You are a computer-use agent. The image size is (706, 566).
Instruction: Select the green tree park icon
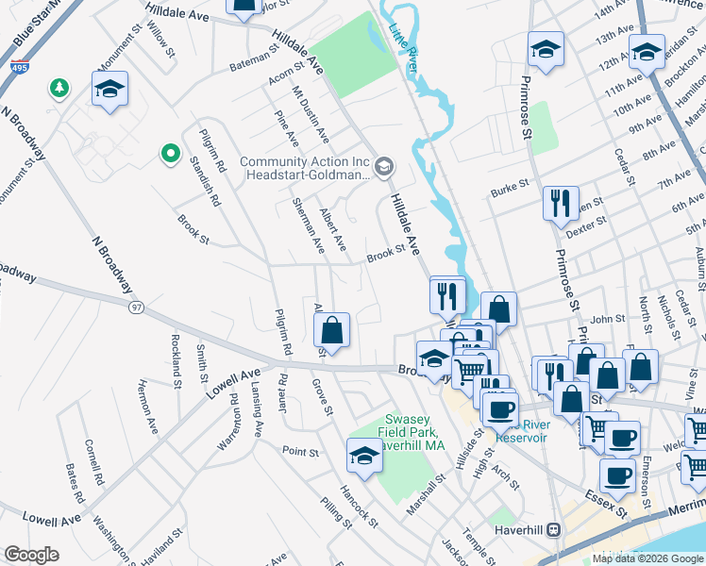tap(59, 88)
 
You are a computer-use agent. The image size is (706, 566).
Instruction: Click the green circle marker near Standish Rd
tap(170, 152)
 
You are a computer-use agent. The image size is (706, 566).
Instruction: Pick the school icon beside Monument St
tap(110, 90)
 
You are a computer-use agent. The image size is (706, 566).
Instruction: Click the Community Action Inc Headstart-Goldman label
tap(305, 168)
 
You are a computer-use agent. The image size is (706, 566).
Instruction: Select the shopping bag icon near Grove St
tap(331, 330)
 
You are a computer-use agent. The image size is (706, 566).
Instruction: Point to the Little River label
tap(403, 46)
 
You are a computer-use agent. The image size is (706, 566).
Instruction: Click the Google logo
tap(31, 555)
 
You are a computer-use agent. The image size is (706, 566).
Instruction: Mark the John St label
tap(608, 320)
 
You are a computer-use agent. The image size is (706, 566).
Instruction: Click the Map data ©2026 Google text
tap(647, 558)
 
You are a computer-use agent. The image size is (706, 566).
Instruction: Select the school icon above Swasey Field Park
tap(364, 456)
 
